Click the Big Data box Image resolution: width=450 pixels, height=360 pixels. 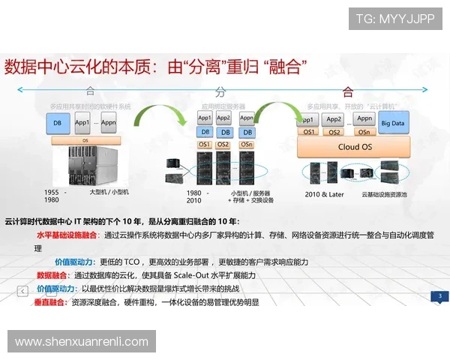click(393, 123)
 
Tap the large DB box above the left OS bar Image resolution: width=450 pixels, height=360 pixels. click(57, 122)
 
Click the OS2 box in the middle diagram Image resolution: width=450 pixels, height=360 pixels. click(223, 145)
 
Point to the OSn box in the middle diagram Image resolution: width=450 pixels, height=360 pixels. click(246, 145)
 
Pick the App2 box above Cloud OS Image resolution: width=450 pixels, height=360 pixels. click(334, 119)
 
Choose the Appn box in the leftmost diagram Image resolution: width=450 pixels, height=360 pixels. click(109, 122)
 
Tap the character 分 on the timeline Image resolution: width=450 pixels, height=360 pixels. click(220, 92)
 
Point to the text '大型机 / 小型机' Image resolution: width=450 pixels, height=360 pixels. click(109, 193)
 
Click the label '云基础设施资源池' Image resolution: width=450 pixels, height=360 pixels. click(384, 194)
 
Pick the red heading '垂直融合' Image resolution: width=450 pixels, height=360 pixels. click(49, 302)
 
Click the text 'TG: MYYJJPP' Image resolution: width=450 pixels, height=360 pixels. click(394, 19)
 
